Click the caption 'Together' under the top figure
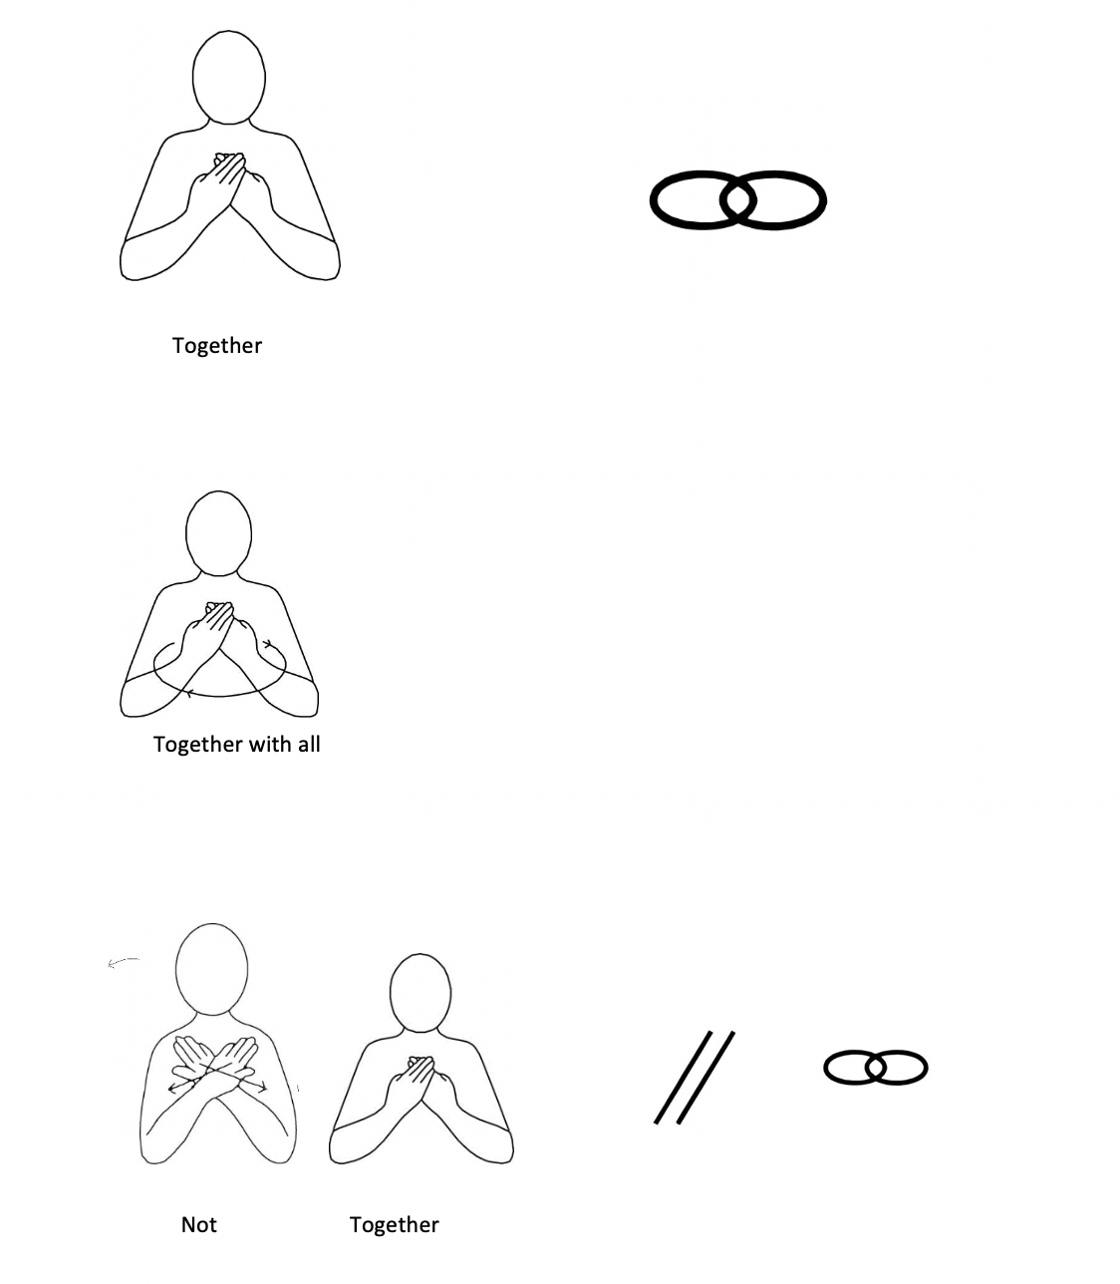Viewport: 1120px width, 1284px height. click(216, 346)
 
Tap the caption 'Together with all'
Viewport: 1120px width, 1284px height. click(236, 745)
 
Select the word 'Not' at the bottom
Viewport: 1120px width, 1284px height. click(198, 1225)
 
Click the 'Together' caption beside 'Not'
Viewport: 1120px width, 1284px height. click(394, 1225)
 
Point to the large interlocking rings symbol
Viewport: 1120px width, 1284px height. click(737, 200)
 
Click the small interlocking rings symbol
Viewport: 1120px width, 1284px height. click(875, 1068)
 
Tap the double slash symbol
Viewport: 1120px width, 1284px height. click(695, 1078)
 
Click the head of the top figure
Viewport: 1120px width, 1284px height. click(228, 78)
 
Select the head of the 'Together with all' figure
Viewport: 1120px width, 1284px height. click(218, 532)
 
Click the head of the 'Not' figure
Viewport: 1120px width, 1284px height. click(211, 969)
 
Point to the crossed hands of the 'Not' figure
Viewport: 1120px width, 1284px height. click(216, 1065)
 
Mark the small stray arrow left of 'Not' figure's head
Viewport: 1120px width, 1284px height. click(123, 962)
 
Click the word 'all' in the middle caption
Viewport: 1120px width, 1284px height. click(308, 745)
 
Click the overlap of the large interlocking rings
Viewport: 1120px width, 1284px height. click(737, 200)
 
